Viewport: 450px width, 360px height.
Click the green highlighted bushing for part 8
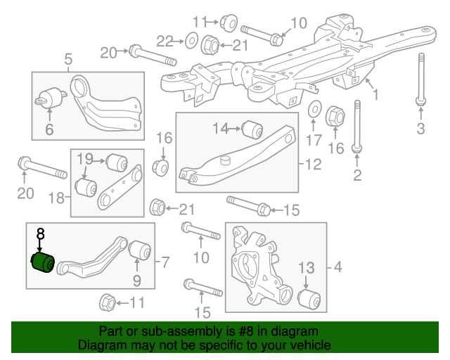coord(44,264)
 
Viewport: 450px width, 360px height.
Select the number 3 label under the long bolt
coord(420,128)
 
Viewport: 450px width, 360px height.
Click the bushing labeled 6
coord(51,98)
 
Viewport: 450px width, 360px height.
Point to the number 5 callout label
coord(68,60)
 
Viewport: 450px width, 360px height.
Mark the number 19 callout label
coord(85,157)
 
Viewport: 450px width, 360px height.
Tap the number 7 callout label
coord(165,263)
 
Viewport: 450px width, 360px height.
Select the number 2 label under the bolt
coord(357,175)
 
